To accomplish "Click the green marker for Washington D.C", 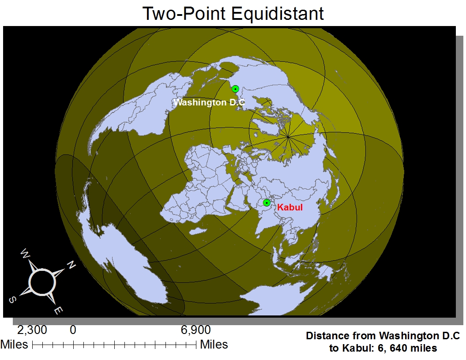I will coord(236,89).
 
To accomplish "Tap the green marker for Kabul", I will coord(267,202).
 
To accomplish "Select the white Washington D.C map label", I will coord(209,103).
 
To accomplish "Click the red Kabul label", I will coord(289,207).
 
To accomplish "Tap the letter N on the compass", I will coord(71,265).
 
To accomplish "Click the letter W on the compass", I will coord(26,254).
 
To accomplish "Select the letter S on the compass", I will coord(13,300).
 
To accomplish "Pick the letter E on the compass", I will coord(58,310).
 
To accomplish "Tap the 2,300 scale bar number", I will coord(32,330).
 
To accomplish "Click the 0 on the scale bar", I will coord(73,330).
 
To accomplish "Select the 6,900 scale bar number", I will coord(195,330).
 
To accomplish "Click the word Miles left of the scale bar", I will coord(15,344).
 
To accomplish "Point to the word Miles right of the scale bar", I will coord(214,344).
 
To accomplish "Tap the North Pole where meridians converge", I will coord(288,137).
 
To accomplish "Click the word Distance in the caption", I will coord(325,336).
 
